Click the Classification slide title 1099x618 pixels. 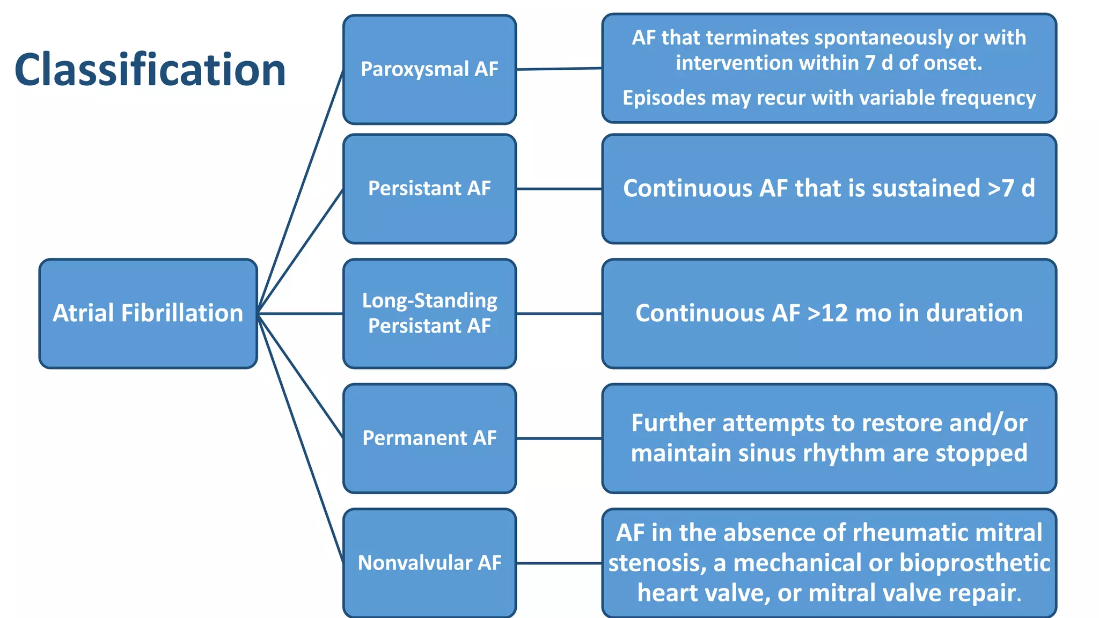(x=150, y=70)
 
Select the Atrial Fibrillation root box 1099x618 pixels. (x=148, y=313)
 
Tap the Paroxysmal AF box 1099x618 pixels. (x=429, y=70)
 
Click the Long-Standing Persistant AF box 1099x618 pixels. (x=429, y=313)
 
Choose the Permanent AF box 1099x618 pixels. (x=429, y=438)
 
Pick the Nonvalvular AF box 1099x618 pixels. (x=429, y=563)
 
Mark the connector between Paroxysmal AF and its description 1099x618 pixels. (x=559, y=69)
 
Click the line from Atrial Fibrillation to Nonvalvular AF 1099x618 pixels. (x=301, y=437)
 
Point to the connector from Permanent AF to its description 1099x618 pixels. (x=559, y=438)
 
